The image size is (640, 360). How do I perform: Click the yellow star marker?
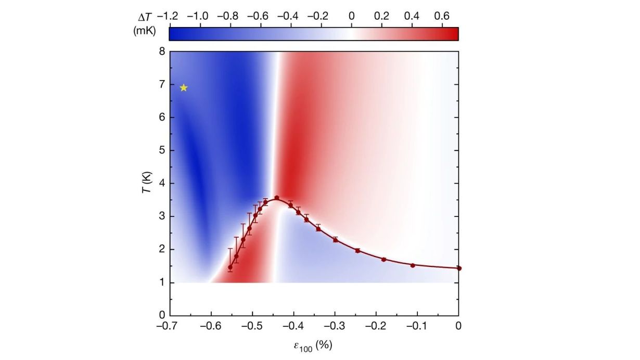coord(183,88)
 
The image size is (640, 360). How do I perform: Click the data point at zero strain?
coord(458,268)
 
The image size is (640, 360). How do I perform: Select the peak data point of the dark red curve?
coord(277,198)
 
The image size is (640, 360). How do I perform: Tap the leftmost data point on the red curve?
coord(231,267)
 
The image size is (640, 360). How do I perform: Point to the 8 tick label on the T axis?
coord(162,52)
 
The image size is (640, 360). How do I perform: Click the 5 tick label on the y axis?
coord(162,150)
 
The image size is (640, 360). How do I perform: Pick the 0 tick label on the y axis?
coord(162,315)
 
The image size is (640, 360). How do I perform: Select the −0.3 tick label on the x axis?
coord(334,326)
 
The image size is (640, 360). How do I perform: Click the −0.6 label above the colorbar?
coord(259,16)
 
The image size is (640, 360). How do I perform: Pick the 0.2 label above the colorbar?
coord(382,16)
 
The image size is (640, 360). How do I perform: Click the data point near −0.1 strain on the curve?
coord(413,265)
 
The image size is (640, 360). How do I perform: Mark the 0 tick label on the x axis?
coord(458,326)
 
